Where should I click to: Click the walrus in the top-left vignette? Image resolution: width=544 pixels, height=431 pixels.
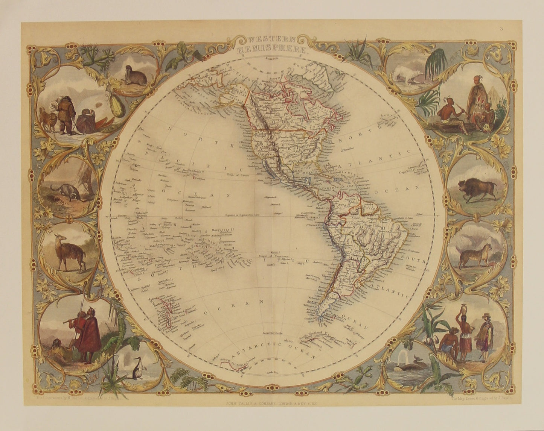[136, 77]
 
